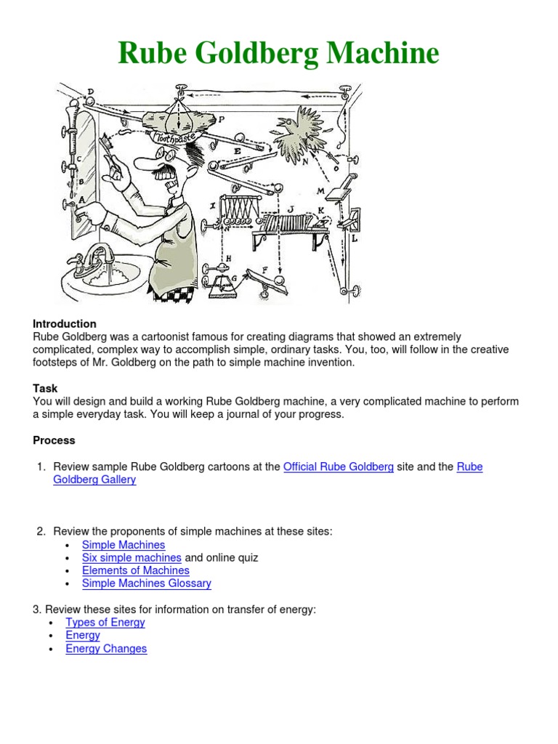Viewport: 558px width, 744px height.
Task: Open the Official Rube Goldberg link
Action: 338,466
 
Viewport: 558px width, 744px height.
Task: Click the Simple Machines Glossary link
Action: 146,583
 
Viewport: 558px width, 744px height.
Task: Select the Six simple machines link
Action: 132,557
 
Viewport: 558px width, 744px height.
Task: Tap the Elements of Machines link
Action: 135,570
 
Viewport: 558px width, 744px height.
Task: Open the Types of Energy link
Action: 105,622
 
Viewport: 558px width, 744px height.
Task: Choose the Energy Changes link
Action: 106,648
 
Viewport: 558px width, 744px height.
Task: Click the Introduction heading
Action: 65,323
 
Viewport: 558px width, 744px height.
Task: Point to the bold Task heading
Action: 45,388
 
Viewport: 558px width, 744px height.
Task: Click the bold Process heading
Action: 54,440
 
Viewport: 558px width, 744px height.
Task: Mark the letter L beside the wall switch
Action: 354,238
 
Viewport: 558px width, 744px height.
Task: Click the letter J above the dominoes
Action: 291,209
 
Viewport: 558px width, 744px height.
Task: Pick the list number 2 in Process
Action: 41,531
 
